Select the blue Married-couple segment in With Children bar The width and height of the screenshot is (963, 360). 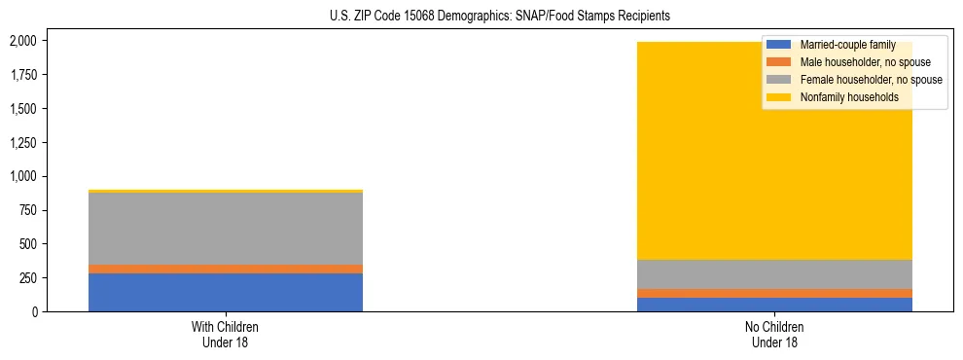coord(226,292)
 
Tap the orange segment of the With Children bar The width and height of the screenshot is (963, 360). coord(226,269)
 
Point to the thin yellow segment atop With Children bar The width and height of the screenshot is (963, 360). coord(226,191)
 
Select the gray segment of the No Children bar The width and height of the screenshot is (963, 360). coord(775,274)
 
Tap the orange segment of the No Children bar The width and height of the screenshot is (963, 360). coord(775,293)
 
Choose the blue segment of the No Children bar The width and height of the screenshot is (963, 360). coord(775,305)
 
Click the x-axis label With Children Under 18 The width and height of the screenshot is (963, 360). coord(226,334)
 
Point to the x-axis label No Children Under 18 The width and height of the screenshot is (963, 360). coord(775,334)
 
